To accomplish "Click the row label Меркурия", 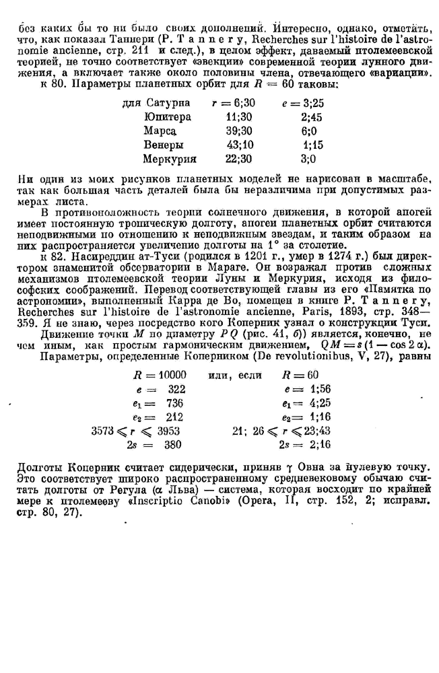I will [x=170, y=159].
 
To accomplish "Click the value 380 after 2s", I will [x=176, y=445].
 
